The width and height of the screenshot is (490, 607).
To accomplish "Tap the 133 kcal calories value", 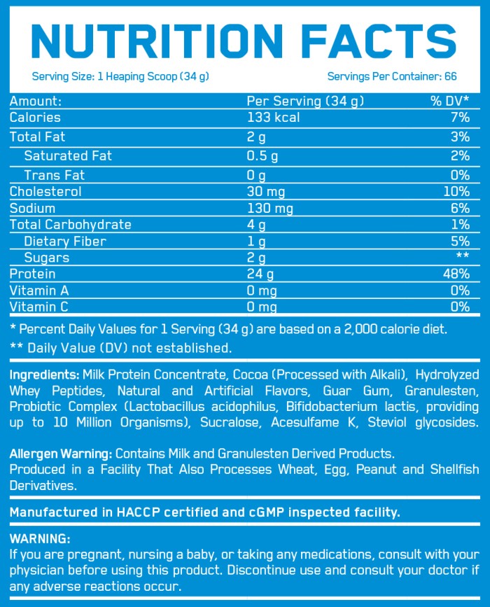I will [273, 118].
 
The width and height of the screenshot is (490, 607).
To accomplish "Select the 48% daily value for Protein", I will [456, 274].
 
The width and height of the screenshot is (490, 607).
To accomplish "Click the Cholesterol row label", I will [45, 192].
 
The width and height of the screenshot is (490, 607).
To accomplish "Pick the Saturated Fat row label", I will [68, 155].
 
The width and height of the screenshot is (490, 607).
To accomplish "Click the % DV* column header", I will [449, 102].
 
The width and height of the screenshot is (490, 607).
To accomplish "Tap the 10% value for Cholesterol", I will [456, 192].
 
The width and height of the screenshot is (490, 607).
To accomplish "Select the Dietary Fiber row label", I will [65, 242].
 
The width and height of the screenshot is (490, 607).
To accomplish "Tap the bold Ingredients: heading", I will [44, 375].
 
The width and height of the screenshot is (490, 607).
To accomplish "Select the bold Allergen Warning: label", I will [61, 454].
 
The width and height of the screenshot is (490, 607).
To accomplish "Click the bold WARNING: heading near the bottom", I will [40, 539].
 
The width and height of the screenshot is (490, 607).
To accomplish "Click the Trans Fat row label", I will [55, 175].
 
